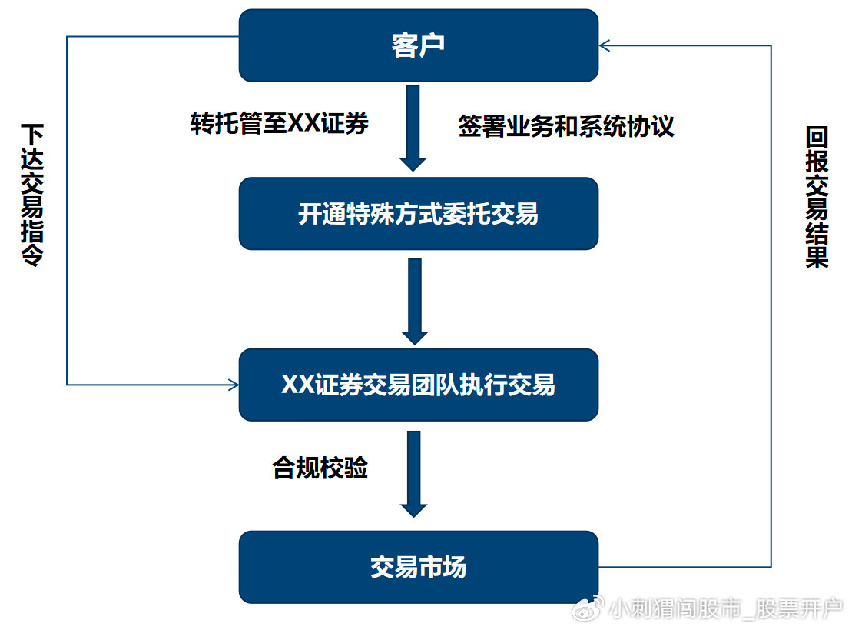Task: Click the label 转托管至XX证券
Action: coord(280,124)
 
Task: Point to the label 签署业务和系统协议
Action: coord(566,125)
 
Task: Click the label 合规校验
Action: coord(320,468)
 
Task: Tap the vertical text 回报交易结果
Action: coord(817,198)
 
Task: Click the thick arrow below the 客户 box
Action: coord(413,127)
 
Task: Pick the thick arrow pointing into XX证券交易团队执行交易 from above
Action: coord(414,301)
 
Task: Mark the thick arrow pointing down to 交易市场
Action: coord(414,473)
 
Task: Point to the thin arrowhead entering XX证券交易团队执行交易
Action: coord(234,384)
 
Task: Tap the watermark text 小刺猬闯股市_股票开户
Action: coord(726,610)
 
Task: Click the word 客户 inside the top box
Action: coord(418,46)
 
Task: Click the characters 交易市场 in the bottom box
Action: coord(418,568)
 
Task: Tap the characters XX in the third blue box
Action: coord(298,385)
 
